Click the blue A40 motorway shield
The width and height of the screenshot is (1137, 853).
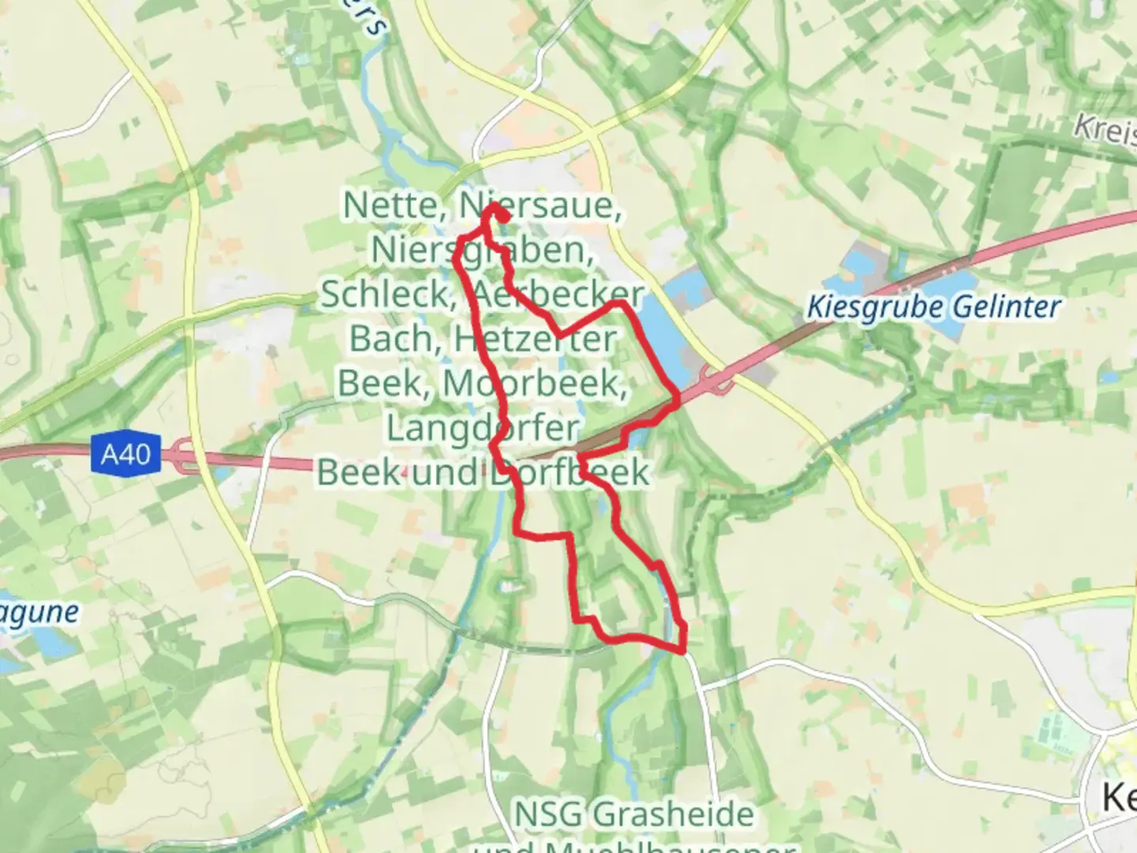click(126, 454)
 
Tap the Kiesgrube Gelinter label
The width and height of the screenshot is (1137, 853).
click(932, 307)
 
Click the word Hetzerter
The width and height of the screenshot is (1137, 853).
click(535, 339)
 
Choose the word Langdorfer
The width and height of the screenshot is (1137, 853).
click(482, 428)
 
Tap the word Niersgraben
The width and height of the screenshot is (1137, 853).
click(482, 250)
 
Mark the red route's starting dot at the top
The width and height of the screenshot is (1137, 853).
click(502, 214)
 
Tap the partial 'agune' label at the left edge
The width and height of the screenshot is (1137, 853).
click(39, 613)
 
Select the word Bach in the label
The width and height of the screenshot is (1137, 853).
click(392, 339)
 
